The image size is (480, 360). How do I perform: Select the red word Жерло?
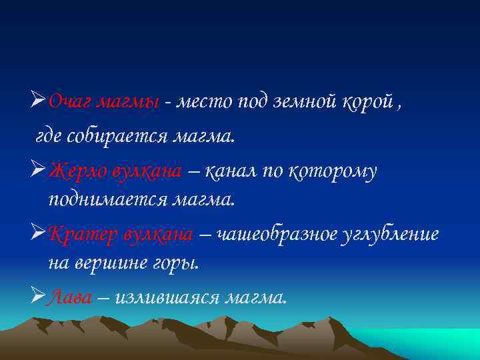click(75, 172)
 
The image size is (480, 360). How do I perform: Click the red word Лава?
click(70, 297)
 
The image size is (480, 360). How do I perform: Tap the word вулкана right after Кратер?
click(157, 235)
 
